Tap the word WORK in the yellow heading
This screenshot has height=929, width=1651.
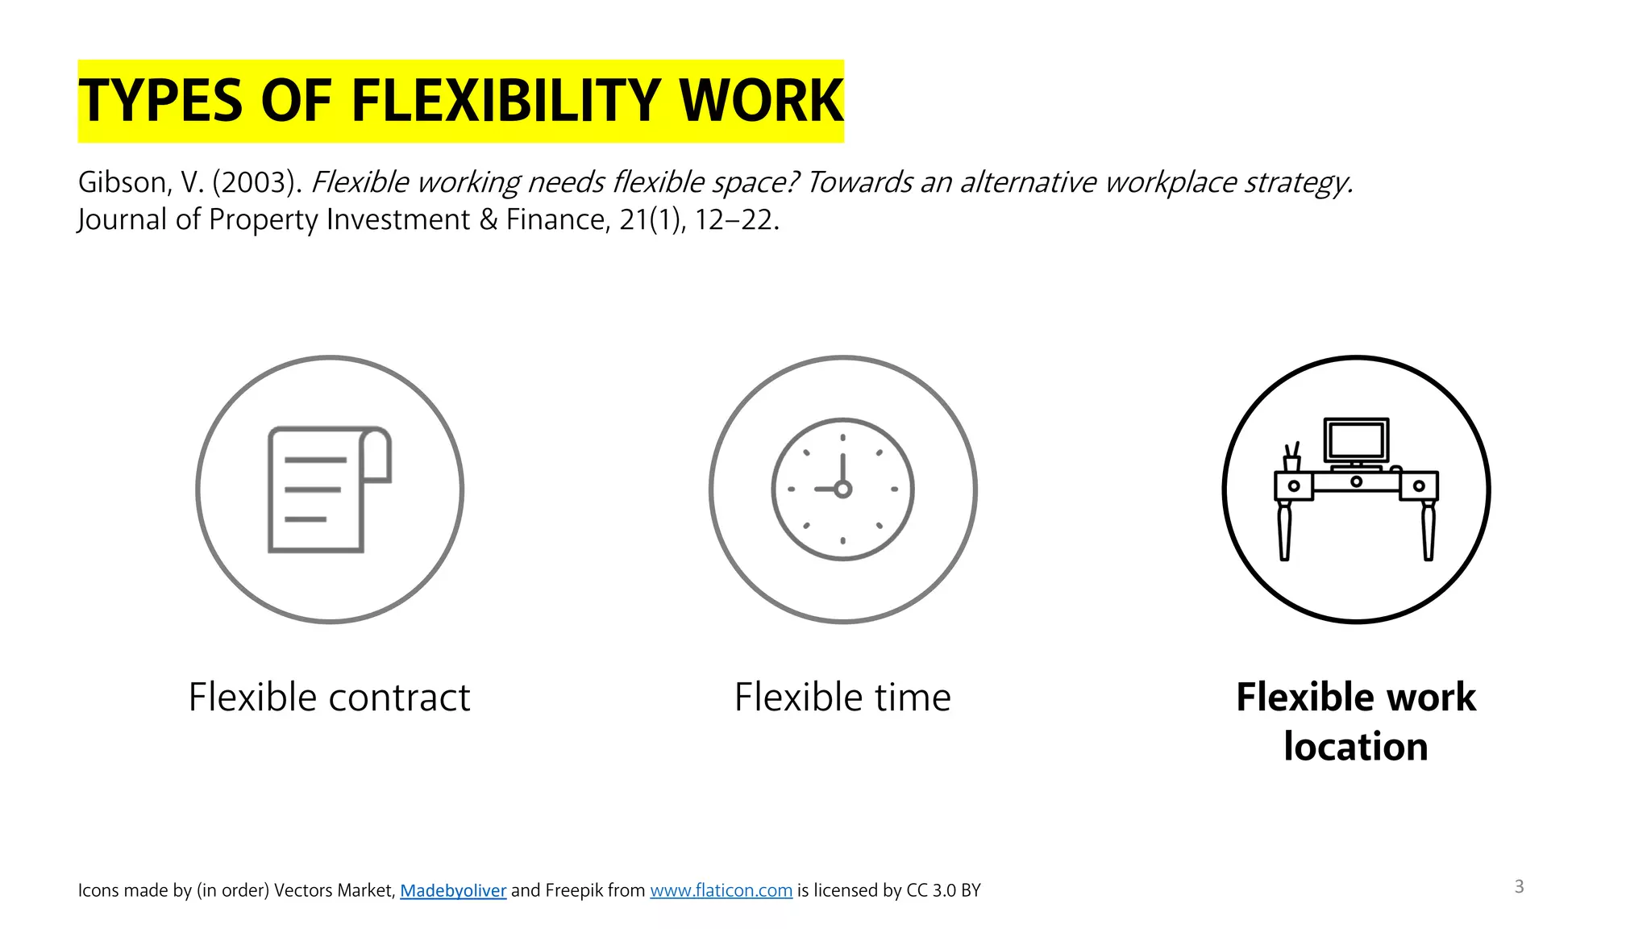[761, 101]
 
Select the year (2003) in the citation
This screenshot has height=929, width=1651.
[256, 182]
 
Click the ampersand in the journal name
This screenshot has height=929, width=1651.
[488, 219]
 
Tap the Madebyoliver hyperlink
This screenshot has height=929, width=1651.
[453, 890]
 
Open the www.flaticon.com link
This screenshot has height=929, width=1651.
[721, 890]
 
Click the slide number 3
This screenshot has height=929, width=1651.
[1519, 886]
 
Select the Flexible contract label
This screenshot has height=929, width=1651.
[329, 697]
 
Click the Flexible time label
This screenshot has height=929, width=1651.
[842, 697]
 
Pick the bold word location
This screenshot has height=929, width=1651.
[1356, 747]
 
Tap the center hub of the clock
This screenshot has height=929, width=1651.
[843, 489]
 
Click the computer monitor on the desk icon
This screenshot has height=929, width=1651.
[1357, 440]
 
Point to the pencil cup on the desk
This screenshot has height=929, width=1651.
[1291, 462]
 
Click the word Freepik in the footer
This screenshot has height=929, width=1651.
[574, 890]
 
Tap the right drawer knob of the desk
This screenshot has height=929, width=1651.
[1419, 485]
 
